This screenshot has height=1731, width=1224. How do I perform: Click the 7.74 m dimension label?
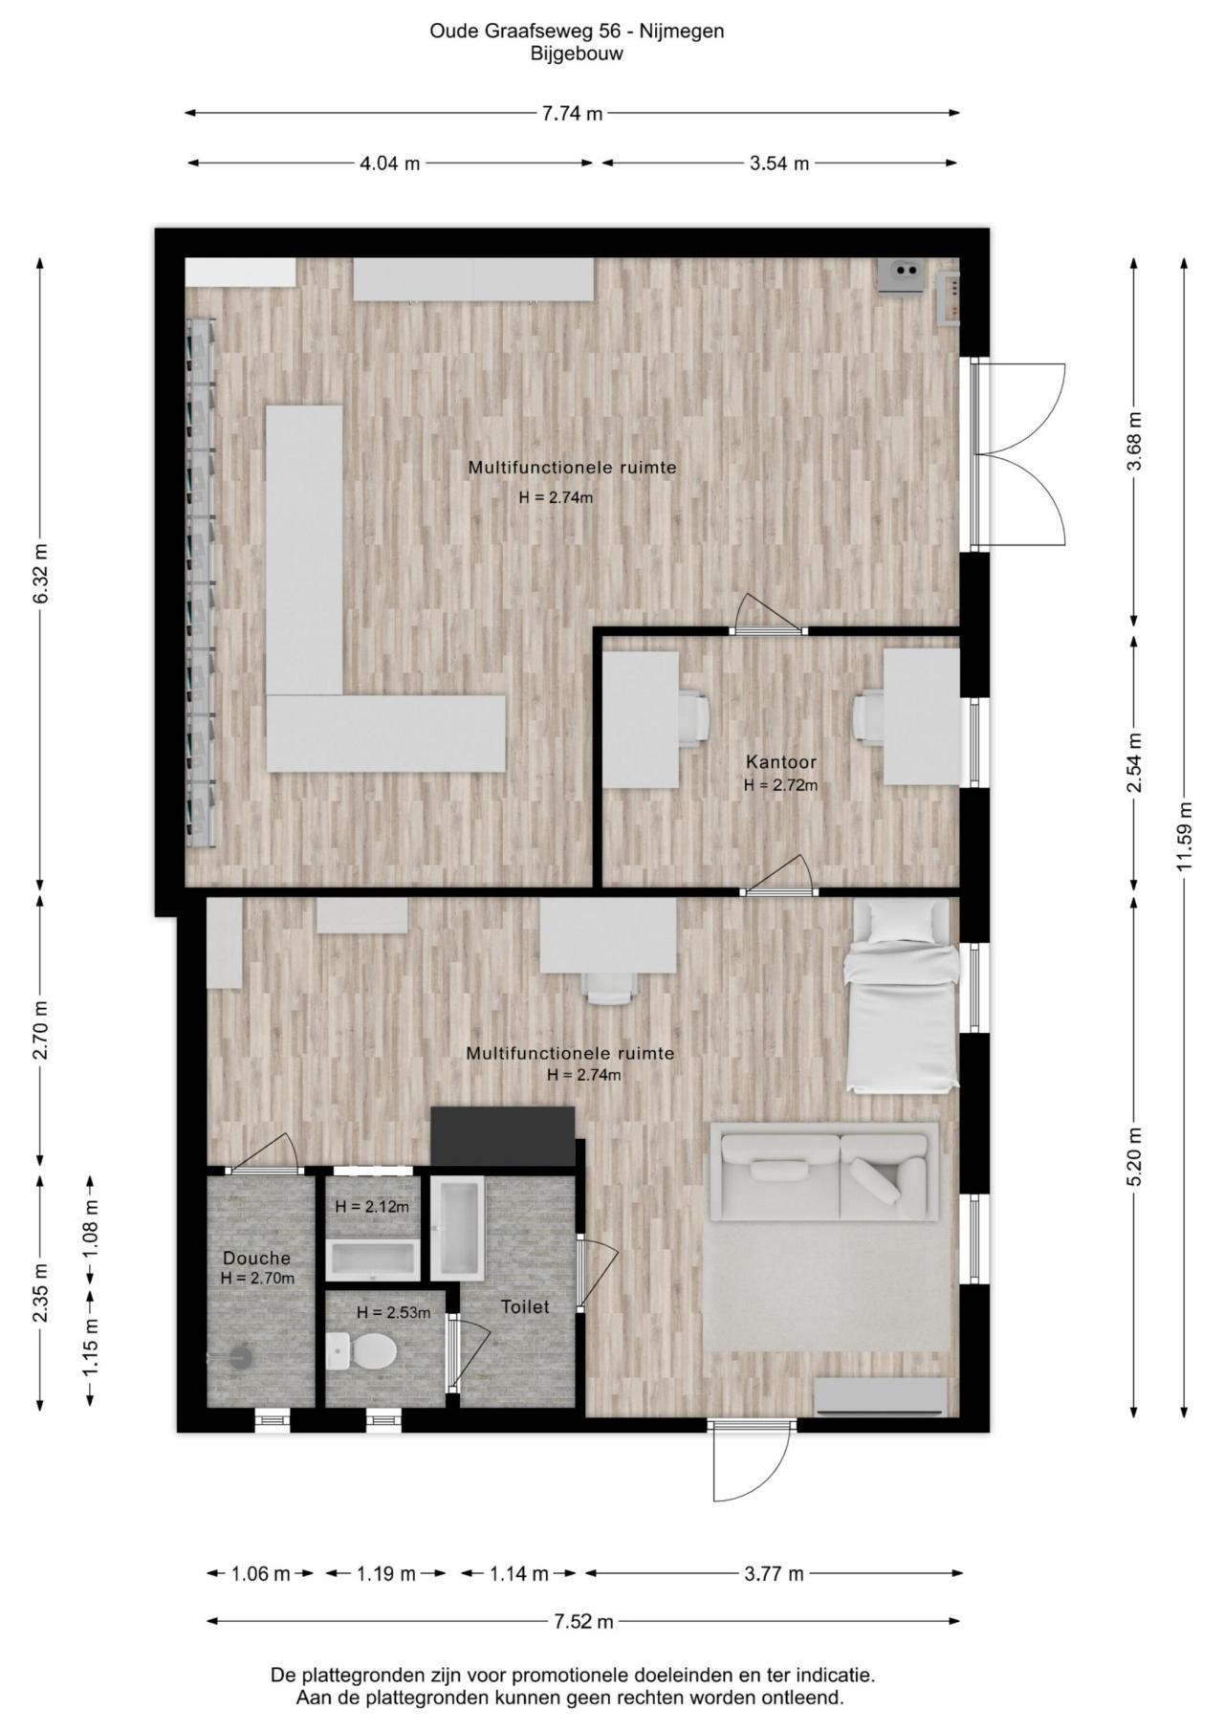572,114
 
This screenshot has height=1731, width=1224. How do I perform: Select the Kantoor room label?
781,762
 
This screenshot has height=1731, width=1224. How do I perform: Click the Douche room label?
256,1259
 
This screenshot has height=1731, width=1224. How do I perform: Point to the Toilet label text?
525,1306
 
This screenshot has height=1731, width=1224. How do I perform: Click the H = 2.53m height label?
393,1313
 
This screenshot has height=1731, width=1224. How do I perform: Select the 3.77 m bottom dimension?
774,1573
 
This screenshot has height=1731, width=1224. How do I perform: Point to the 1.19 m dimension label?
386,1573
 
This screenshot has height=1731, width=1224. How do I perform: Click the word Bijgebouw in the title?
577,54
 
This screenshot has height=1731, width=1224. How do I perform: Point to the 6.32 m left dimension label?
40,573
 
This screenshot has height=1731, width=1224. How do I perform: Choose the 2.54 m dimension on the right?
1134,762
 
